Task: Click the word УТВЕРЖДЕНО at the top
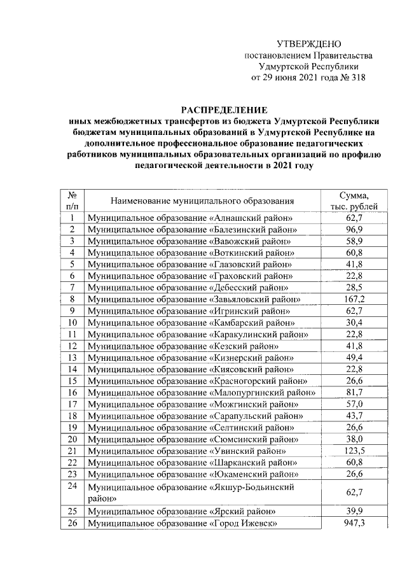pyautogui.click(x=309, y=44)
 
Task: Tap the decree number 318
pyautogui.click(x=357, y=78)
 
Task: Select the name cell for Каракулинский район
pyautogui.click(x=197, y=334)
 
